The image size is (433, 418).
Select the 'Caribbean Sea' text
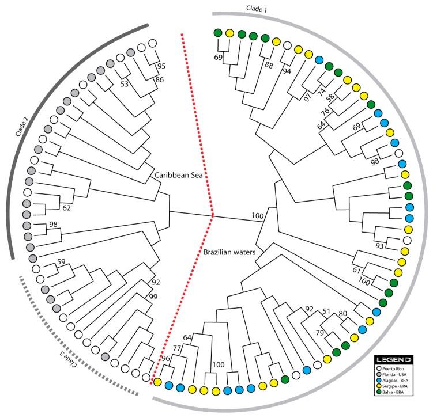[176, 172]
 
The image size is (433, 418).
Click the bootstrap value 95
[162, 66]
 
